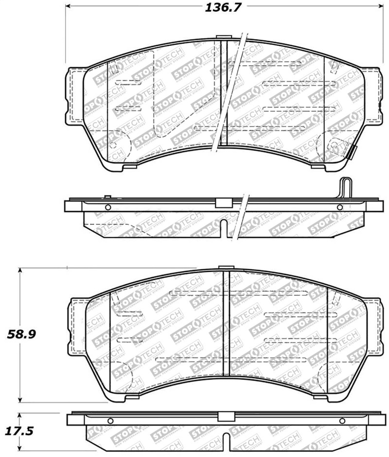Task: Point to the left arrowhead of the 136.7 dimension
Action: click(69, 7)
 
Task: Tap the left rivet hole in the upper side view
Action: click(108, 208)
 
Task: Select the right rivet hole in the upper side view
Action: click(339, 208)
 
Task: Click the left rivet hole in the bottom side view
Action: click(110, 421)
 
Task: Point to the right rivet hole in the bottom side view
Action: click(342, 421)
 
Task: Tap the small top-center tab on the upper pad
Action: click(224, 37)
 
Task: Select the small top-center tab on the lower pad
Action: click(226, 267)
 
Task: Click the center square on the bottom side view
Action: click(225, 417)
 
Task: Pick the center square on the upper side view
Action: click(222, 203)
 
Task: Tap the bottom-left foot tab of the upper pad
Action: click(129, 167)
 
